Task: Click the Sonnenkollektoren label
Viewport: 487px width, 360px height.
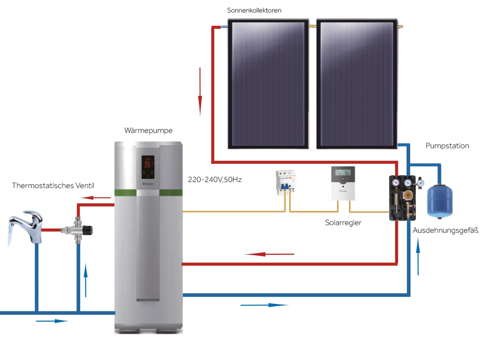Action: point(254,10)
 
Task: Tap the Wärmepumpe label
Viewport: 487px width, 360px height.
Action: point(148,130)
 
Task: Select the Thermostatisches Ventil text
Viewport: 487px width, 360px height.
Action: point(53,186)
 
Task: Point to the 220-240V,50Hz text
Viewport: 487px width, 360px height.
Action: point(215,180)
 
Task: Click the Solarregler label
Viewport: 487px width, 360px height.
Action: point(343,222)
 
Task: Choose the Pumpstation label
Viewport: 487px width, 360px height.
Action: point(447,146)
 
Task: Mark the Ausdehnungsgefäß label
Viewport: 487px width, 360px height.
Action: point(446,231)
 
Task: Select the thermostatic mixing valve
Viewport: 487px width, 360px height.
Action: point(77,231)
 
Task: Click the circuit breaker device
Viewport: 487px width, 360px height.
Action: point(285,183)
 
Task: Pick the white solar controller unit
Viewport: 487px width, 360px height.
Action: point(342,183)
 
